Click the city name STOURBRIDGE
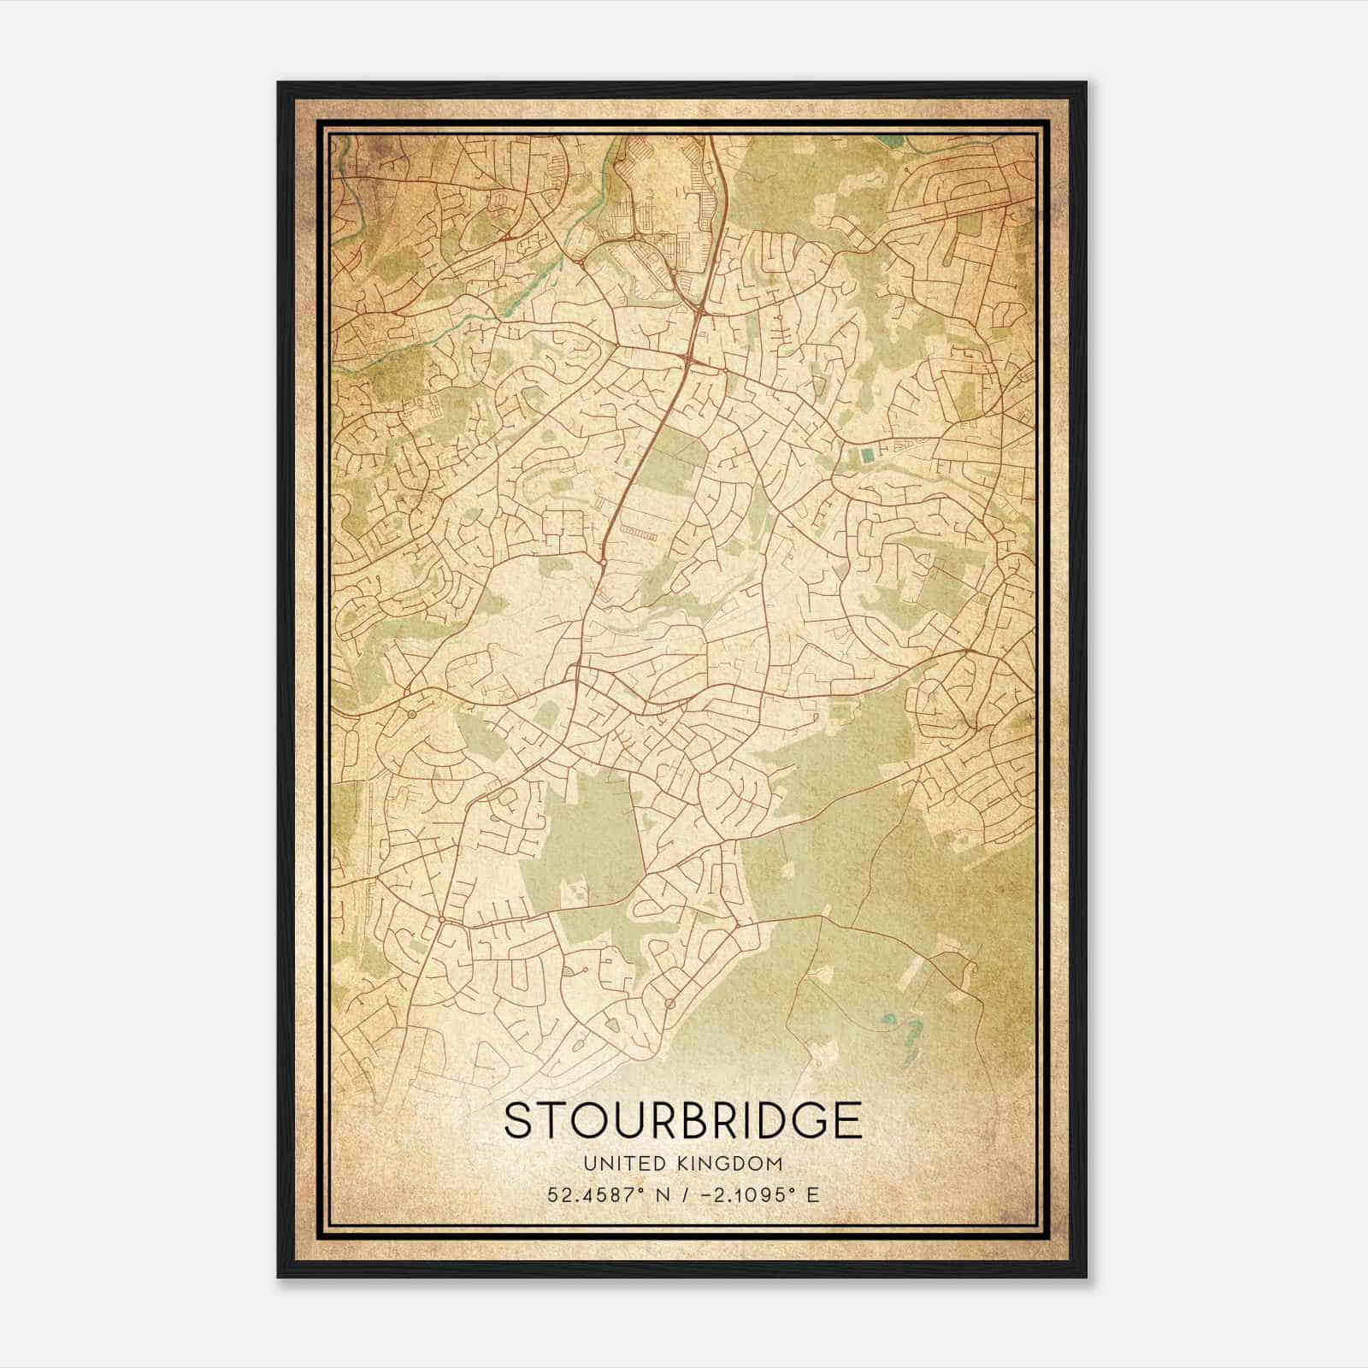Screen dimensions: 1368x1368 [x=682, y=1120]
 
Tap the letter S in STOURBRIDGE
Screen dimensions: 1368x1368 [x=518, y=1120]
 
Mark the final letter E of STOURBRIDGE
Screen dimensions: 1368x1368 [x=848, y=1120]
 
